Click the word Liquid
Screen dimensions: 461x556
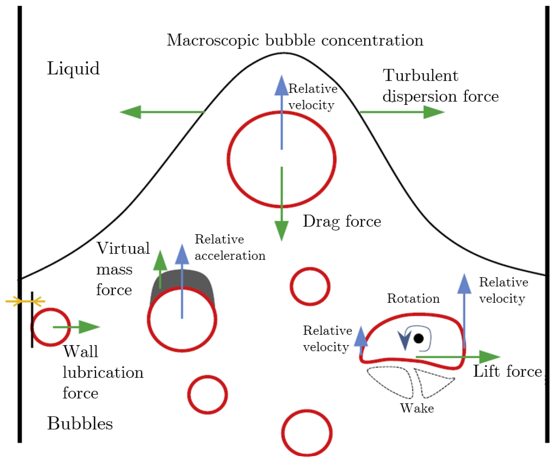(73, 68)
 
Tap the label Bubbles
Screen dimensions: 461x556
(80, 423)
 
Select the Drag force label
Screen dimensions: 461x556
(342, 221)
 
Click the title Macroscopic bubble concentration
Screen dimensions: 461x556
(295, 40)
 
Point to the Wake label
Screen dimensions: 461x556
(417, 408)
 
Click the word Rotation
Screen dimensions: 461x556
(413, 298)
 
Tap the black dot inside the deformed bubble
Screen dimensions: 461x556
(419, 338)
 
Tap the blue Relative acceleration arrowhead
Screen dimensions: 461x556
(182, 255)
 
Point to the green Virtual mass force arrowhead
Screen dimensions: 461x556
(160, 261)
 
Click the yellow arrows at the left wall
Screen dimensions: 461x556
(25, 301)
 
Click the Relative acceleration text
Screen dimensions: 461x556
(230, 247)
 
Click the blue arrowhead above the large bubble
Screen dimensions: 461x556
(282, 86)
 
